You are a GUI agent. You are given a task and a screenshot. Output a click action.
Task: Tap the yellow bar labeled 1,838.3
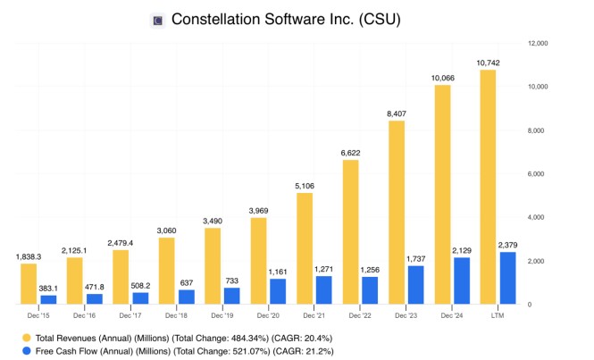29,284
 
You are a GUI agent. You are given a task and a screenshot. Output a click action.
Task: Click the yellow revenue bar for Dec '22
351,232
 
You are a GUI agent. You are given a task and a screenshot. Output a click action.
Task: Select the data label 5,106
304,186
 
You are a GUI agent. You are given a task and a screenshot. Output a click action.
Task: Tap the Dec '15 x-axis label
38,316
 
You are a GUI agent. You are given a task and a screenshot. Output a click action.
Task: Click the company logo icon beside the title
158,20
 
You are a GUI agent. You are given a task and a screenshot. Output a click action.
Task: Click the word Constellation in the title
212,20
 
